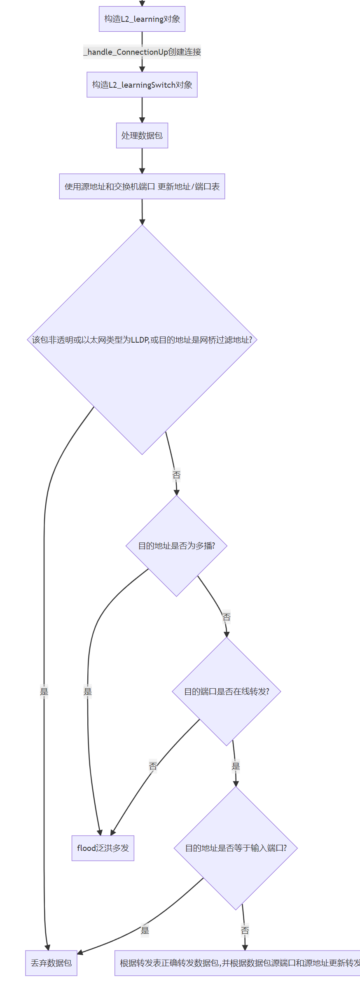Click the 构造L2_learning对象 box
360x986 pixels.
(142, 19)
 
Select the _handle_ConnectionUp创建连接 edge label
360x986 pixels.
(142, 52)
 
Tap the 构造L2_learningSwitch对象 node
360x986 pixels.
(142, 85)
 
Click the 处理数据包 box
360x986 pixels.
(142, 136)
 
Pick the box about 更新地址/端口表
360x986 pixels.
(142, 187)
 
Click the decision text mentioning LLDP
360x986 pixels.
(142, 340)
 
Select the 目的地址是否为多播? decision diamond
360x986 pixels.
(177, 546)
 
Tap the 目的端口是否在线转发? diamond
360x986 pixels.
(227, 692)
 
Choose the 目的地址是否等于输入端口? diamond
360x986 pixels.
(236, 848)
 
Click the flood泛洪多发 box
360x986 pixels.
(103, 848)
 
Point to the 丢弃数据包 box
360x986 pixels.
(51, 963)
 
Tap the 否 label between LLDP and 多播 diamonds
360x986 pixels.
(176, 475)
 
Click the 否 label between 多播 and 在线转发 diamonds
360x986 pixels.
(227, 617)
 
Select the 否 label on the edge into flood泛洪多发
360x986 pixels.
(153, 766)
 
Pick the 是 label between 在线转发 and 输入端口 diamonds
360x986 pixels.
(236, 766)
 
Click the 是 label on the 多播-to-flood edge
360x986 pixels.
(88, 692)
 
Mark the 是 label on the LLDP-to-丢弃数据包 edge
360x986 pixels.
(44, 692)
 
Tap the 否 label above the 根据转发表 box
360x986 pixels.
(245, 930)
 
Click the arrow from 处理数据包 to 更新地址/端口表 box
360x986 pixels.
(142, 161)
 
